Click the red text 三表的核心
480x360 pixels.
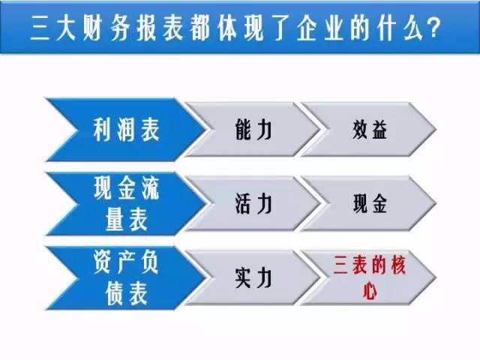[370, 277]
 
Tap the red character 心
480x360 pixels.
[370, 290]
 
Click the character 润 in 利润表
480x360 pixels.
[127, 130]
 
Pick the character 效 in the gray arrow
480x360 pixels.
[360, 130]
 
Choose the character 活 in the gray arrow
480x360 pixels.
[243, 203]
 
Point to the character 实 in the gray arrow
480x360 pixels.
[243, 277]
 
